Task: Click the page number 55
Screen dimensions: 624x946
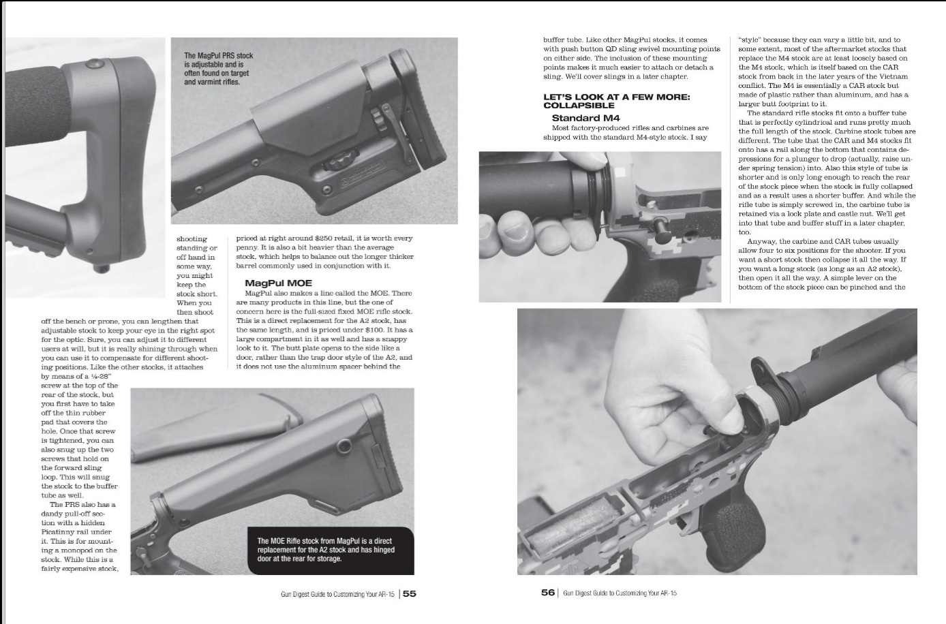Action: click(x=410, y=593)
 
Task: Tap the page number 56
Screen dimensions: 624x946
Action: click(x=548, y=593)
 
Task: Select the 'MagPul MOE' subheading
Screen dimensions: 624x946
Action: click(x=278, y=283)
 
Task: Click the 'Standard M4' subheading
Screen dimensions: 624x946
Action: click(x=585, y=118)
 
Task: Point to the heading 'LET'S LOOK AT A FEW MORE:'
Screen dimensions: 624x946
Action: click(x=616, y=97)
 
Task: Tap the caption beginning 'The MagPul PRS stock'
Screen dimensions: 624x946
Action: click(x=218, y=69)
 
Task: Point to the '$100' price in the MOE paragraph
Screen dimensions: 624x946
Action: click(x=388, y=330)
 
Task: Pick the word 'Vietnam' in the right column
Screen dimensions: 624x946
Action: click(x=894, y=77)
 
